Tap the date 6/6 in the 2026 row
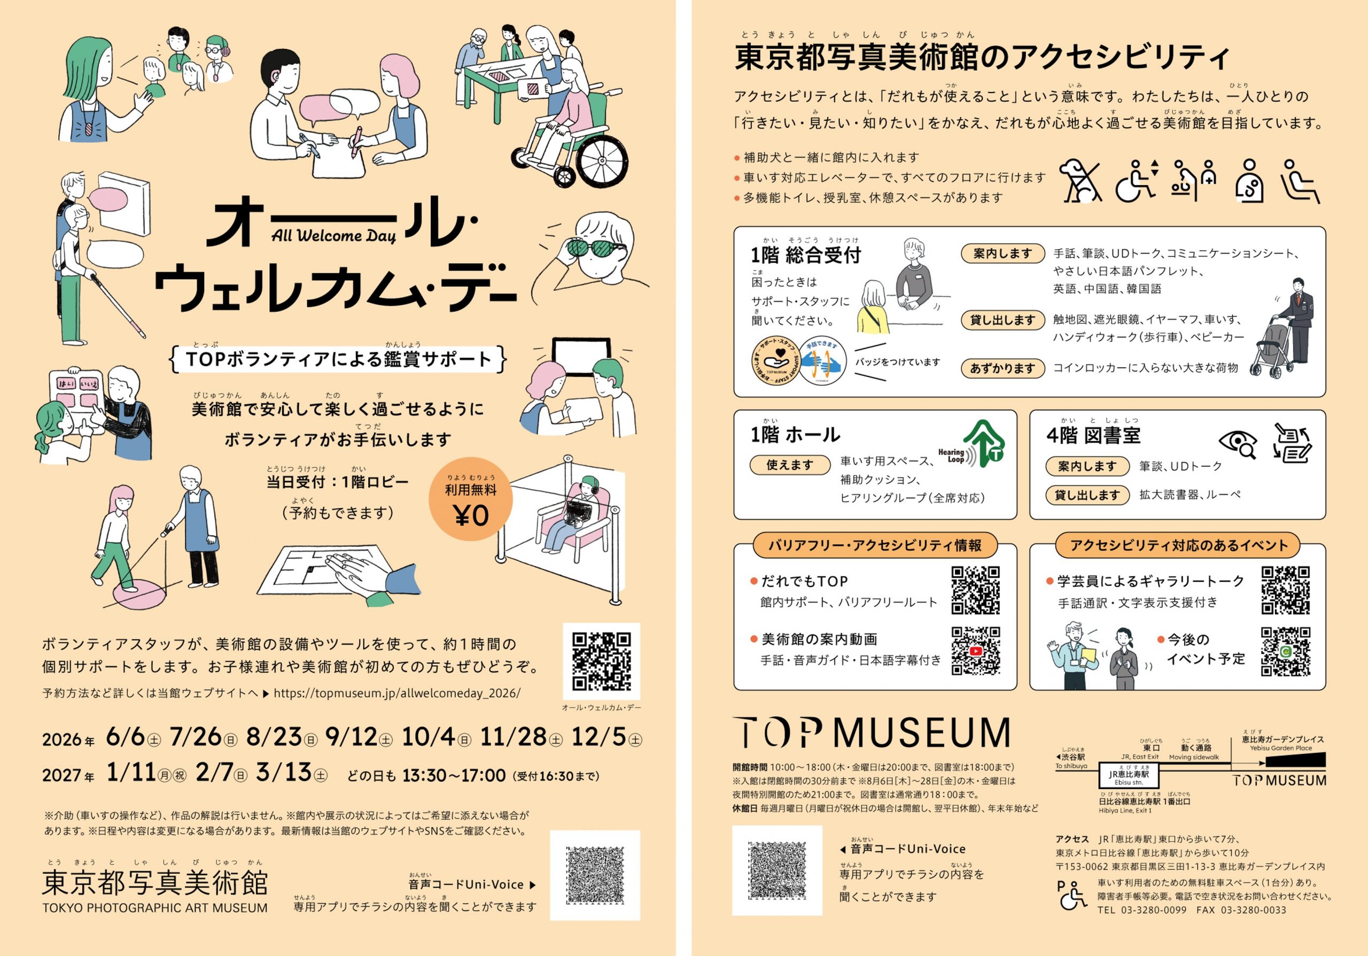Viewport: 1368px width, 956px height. [x=126, y=737]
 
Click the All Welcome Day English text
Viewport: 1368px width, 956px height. [x=333, y=235]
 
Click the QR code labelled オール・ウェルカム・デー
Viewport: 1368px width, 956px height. [x=601, y=661]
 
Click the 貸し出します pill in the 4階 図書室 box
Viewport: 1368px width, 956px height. [x=1087, y=495]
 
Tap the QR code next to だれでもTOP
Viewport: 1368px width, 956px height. [x=975, y=590]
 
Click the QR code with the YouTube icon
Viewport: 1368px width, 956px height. [x=975, y=650]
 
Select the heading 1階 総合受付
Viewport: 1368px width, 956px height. [x=805, y=255]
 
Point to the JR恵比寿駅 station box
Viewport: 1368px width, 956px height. [x=1129, y=775]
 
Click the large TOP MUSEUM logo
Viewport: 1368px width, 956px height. [x=871, y=732]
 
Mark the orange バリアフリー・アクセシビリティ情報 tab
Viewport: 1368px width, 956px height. [x=875, y=545]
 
